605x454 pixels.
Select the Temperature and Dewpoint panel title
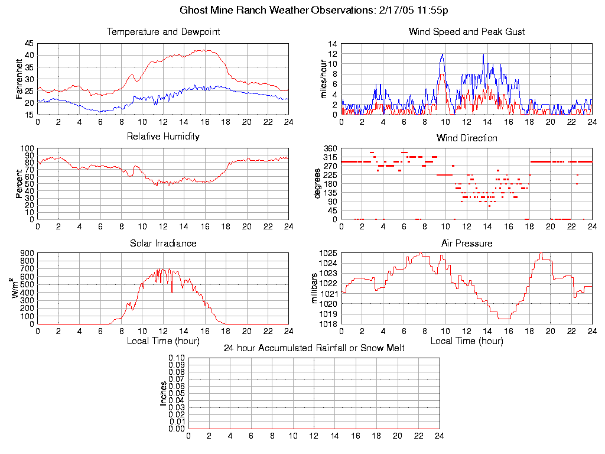click(163, 32)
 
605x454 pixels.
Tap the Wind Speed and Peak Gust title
click(467, 32)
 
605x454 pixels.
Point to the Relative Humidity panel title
click(163, 137)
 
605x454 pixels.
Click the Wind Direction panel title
click(467, 138)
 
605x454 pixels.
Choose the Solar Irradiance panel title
click(163, 243)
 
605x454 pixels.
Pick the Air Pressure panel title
click(467, 243)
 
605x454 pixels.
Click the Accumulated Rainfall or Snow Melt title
click(314, 348)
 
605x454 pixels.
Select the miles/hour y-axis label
click(323, 79)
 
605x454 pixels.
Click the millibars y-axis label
click(315, 288)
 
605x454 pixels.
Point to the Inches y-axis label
click(163, 393)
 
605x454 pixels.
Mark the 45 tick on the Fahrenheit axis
click(29, 44)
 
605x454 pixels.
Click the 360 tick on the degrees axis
click(330, 148)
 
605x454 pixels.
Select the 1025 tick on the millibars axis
click(328, 254)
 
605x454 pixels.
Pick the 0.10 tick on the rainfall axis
click(177, 358)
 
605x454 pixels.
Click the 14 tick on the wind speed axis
click(333, 44)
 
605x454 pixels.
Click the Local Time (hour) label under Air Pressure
click(467, 341)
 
